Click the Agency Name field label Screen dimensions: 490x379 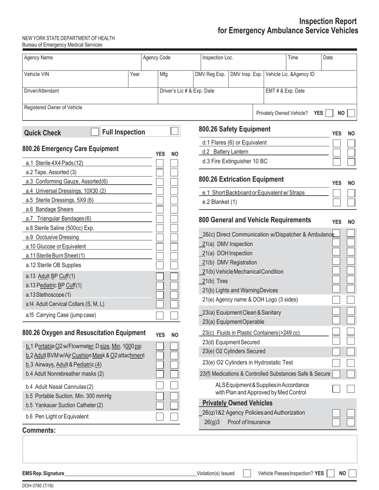click(38, 58)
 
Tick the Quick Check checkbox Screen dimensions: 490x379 click(95, 132)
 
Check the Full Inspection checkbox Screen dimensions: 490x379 click(174, 131)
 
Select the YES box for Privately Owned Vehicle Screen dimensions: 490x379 click(329, 113)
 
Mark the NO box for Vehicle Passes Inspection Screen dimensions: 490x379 click(352, 473)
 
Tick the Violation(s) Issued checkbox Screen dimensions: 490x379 click(247, 473)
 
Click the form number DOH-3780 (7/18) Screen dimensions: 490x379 click(38, 486)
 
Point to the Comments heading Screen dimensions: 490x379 click(39, 430)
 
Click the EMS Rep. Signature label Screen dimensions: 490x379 click(43, 474)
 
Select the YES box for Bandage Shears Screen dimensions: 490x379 click(160, 210)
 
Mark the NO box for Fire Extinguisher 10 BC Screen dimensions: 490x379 click(351, 161)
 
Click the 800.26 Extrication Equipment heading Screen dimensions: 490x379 click(241, 179)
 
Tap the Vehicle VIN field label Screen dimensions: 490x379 click(37, 74)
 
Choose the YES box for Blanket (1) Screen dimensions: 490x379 click(337, 202)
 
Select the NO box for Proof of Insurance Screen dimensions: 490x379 click(351, 422)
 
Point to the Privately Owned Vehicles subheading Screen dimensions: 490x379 click(237, 403)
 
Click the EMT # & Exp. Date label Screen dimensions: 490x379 click(285, 91)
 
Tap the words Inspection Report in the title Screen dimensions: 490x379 click(328, 22)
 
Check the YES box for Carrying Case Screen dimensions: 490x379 click(160, 316)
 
